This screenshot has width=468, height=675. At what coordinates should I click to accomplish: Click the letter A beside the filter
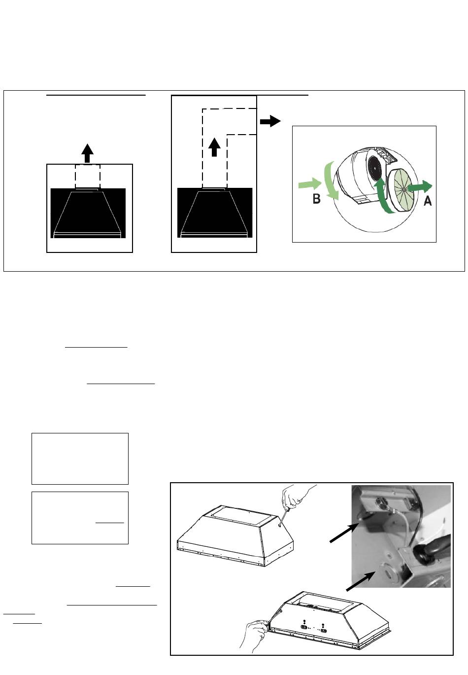(428, 201)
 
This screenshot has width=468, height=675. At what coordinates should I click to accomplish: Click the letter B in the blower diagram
(317, 199)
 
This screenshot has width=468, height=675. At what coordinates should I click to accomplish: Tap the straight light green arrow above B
(310, 183)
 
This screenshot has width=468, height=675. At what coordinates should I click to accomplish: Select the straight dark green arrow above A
(420, 187)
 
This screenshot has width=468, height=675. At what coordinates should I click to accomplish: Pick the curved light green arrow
(331, 180)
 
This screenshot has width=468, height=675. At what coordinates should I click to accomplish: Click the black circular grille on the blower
(375, 168)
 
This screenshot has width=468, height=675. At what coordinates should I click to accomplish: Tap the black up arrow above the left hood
(87, 153)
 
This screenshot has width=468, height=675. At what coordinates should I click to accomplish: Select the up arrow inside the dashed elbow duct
(214, 147)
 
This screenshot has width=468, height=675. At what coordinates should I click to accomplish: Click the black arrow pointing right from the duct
(270, 121)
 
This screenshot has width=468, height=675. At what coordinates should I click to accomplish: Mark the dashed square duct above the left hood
(88, 177)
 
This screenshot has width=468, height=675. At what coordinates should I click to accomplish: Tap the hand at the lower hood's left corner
(255, 632)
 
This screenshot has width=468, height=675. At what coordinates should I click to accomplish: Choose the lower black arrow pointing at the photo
(361, 581)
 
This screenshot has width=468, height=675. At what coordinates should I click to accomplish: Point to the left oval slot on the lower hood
(304, 627)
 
